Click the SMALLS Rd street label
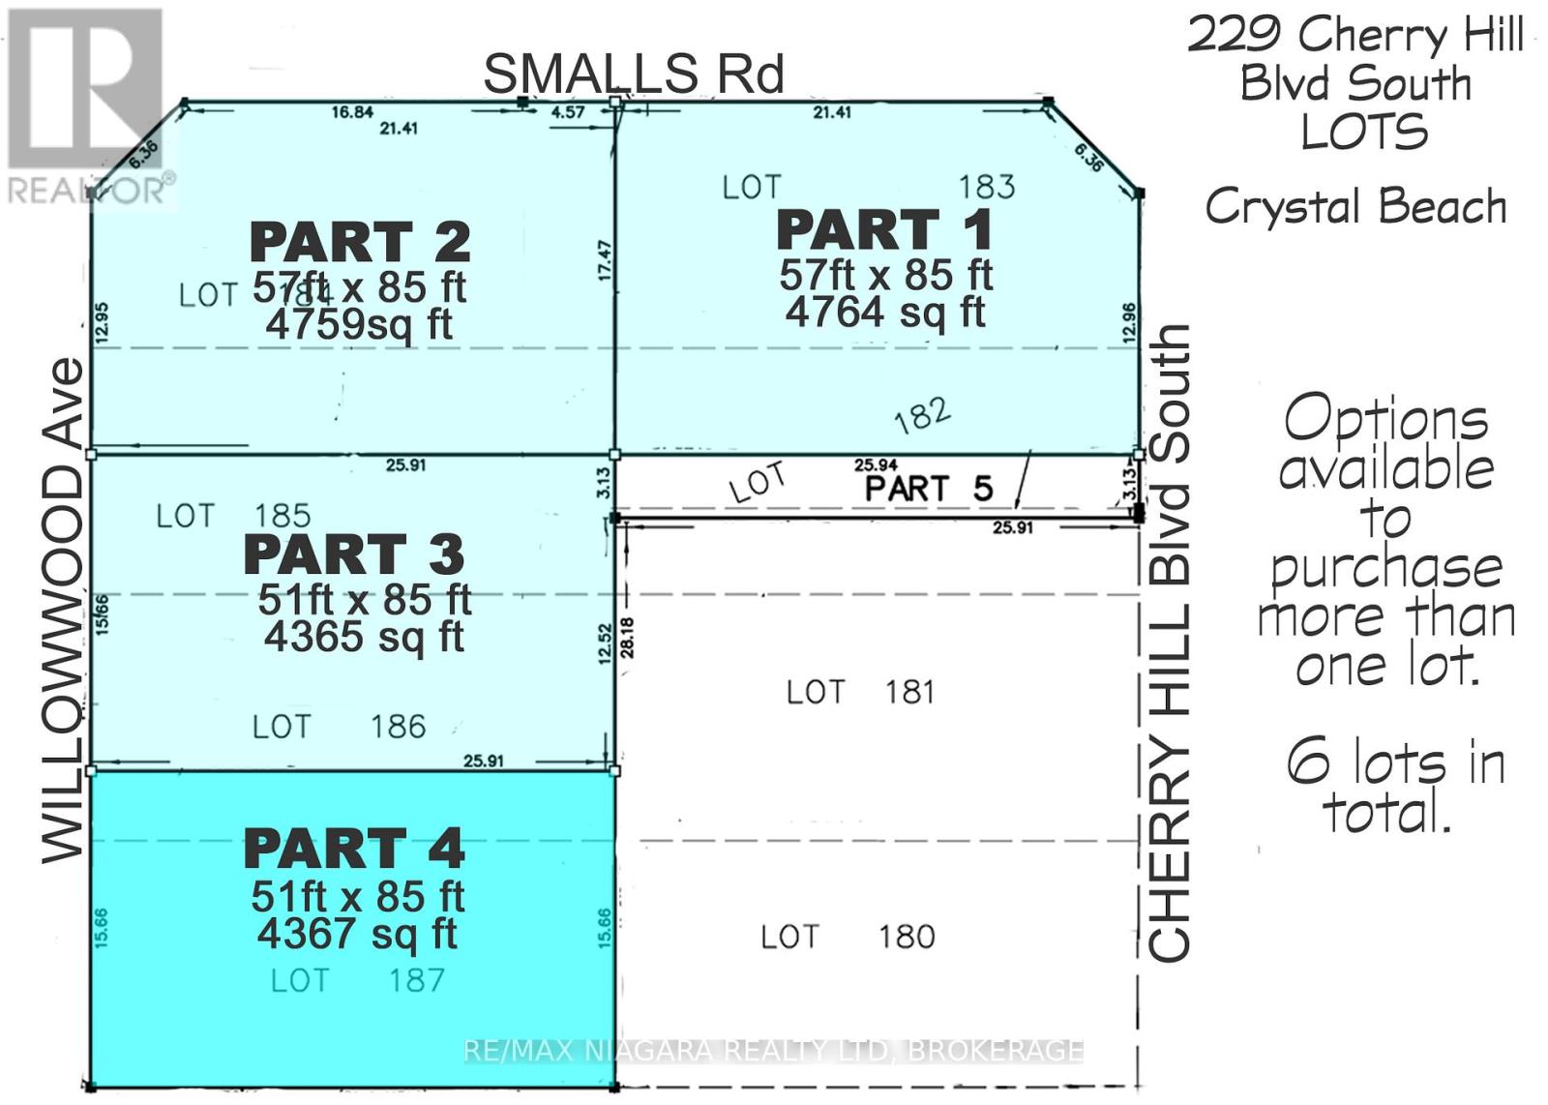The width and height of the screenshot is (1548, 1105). (x=633, y=75)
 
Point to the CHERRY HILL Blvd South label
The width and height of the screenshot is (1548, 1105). (x=1169, y=643)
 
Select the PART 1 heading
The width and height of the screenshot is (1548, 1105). (x=884, y=230)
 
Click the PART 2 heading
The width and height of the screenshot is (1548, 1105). (x=360, y=242)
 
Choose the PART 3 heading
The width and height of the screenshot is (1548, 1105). (x=354, y=554)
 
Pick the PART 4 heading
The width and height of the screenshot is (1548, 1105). (x=354, y=849)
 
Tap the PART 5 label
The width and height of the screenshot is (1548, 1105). (x=928, y=489)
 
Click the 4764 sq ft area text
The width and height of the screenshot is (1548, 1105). (x=884, y=313)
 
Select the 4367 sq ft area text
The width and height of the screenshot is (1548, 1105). (x=357, y=934)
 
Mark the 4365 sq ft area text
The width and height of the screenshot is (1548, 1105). (x=364, y=637)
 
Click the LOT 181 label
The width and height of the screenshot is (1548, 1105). (x=860, y=693)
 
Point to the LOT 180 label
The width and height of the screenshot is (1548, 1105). (x=848, y=937)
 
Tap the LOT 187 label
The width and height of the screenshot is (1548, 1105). (x=357, y=980)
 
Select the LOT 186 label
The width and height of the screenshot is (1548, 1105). (x=339, y=727)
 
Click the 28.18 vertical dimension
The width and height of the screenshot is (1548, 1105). (x=628, y=638)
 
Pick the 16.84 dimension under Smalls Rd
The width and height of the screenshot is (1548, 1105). (x=352, y=112)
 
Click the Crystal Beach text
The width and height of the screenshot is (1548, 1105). (x=1355, y=206)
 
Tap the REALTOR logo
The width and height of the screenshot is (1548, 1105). (x=87, y=106)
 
